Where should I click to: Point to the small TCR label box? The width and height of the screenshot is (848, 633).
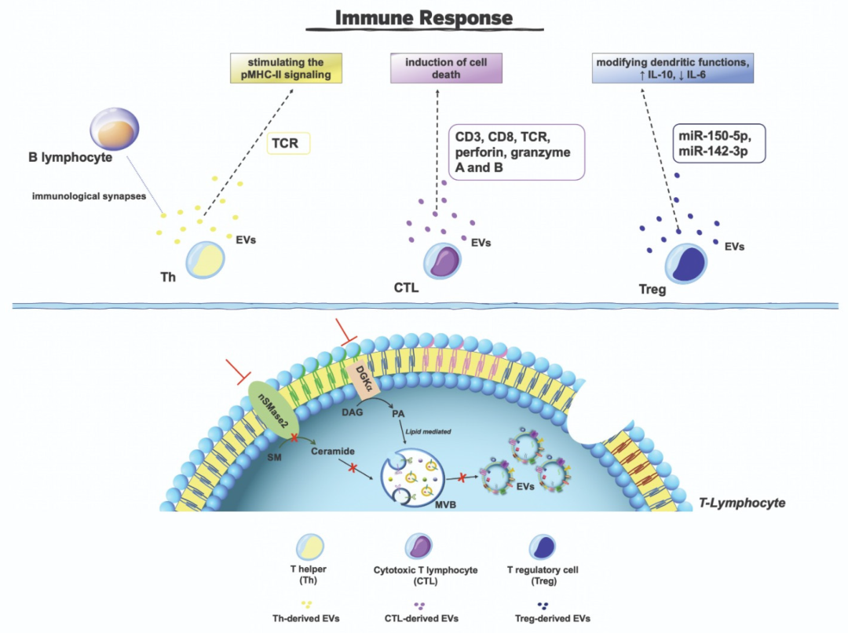(x=290, y=143)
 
